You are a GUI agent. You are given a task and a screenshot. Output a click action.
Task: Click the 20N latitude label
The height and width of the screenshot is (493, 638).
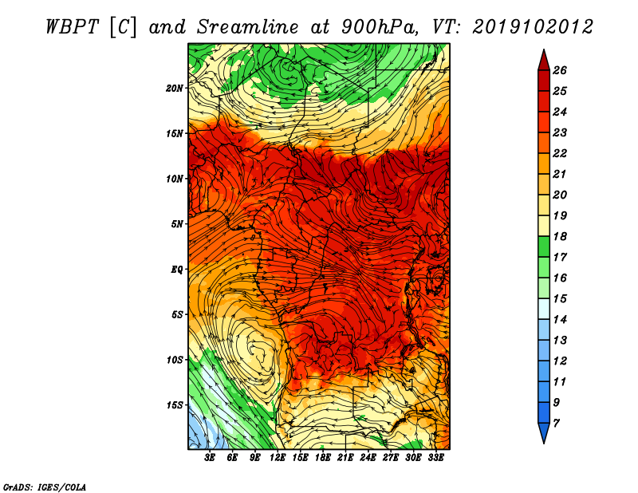pos(175,88)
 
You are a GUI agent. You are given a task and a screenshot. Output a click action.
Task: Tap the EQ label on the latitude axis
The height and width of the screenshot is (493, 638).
pos(177,269)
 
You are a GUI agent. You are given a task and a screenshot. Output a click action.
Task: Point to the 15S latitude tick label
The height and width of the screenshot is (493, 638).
pos(175,404)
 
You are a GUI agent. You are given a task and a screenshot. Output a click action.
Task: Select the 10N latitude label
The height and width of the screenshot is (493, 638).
pos(175,179)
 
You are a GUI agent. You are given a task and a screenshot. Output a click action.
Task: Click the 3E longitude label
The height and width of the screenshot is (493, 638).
pos(210,457)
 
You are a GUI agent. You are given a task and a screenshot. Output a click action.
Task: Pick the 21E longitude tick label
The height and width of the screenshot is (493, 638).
pos(345,457)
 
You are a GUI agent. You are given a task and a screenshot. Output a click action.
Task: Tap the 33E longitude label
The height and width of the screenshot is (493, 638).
pos(435,457)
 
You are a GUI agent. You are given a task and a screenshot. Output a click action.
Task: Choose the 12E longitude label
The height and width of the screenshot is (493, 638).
pos(278,457)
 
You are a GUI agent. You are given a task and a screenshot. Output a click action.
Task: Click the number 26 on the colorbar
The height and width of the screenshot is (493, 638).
pos(560,70)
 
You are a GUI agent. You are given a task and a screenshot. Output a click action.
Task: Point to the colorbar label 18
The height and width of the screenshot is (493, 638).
pos(560,236)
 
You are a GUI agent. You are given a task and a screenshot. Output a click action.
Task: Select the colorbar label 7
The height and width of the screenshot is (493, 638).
pos(556,424)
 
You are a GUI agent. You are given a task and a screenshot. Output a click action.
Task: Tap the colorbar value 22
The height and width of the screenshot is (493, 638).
pos(560,153)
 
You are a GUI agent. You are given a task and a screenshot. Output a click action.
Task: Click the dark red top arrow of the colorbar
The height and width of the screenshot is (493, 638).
pos(544,61)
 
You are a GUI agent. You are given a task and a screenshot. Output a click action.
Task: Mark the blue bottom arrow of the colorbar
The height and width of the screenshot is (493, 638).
pos(544,432)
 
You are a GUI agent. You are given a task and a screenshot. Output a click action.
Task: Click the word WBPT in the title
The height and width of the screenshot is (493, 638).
pos(72,27)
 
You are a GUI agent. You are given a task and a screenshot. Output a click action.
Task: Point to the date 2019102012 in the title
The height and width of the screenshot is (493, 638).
pos(533,27)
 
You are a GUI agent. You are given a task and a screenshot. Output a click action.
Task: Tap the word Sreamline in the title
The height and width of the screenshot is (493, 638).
pos(248,27)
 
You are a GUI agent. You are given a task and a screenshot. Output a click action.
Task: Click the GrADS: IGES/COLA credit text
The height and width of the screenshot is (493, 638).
pos(45,487)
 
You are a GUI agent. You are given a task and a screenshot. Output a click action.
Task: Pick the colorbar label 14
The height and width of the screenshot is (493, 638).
pos(560,320)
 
